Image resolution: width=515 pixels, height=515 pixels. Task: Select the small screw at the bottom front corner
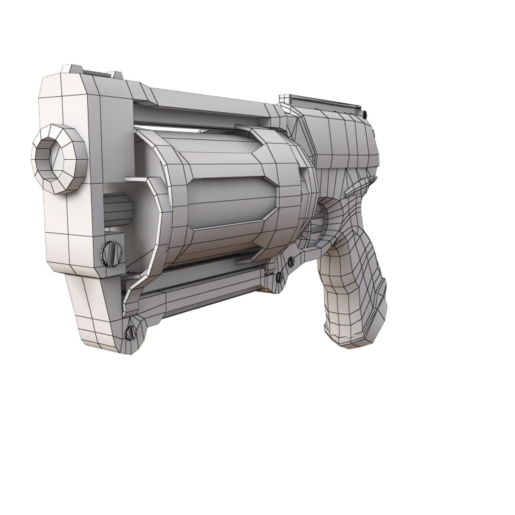[129, 332]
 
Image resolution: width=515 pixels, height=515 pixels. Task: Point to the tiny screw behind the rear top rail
[364, 113]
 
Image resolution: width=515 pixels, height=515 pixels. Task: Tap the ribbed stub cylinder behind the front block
[116, 209]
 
